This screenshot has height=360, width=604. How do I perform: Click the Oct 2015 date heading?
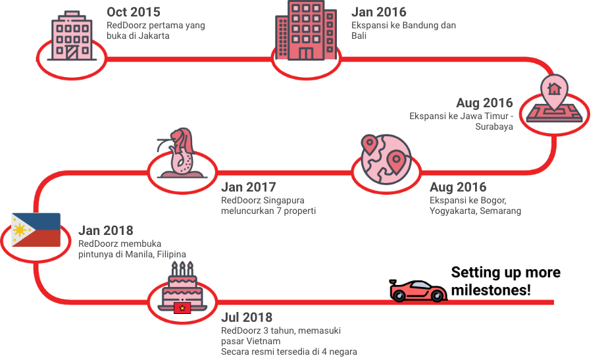(133, 11)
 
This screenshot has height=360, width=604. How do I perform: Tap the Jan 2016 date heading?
(378, 11)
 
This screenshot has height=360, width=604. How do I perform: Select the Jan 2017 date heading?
(248, 187)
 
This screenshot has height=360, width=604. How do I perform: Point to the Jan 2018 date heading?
(105, 230)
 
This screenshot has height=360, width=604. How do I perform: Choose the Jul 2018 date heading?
(247, 318)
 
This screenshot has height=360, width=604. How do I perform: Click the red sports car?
(418, 290)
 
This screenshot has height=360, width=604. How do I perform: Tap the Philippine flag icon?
(36, 230)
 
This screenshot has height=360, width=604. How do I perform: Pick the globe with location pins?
(385, 161)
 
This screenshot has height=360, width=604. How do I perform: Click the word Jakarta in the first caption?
(156, 36)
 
